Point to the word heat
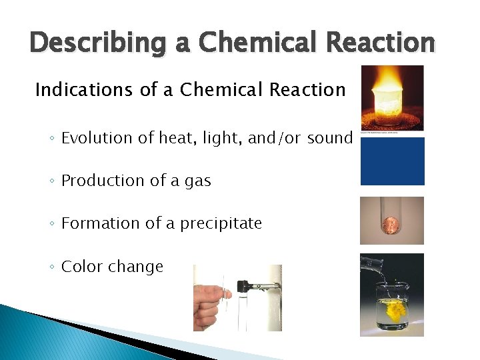(174, 138)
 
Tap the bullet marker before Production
(52, 181)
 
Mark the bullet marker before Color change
(52, 267)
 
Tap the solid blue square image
(392, 161)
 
